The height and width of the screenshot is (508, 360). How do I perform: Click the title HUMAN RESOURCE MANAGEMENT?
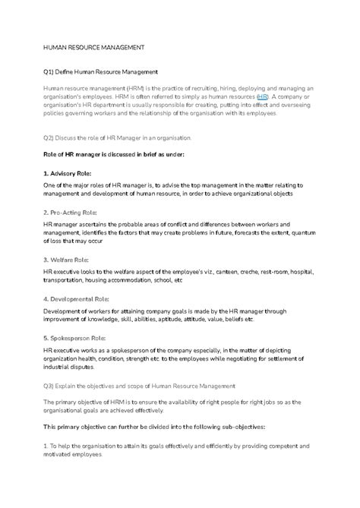click(x=93, y=47)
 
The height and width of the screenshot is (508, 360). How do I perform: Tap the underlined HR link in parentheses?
click(x=262, y=97)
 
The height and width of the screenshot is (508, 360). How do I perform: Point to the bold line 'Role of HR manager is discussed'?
click(x=114, y=154)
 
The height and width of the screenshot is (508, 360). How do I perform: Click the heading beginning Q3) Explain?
click(x=145, y=386)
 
